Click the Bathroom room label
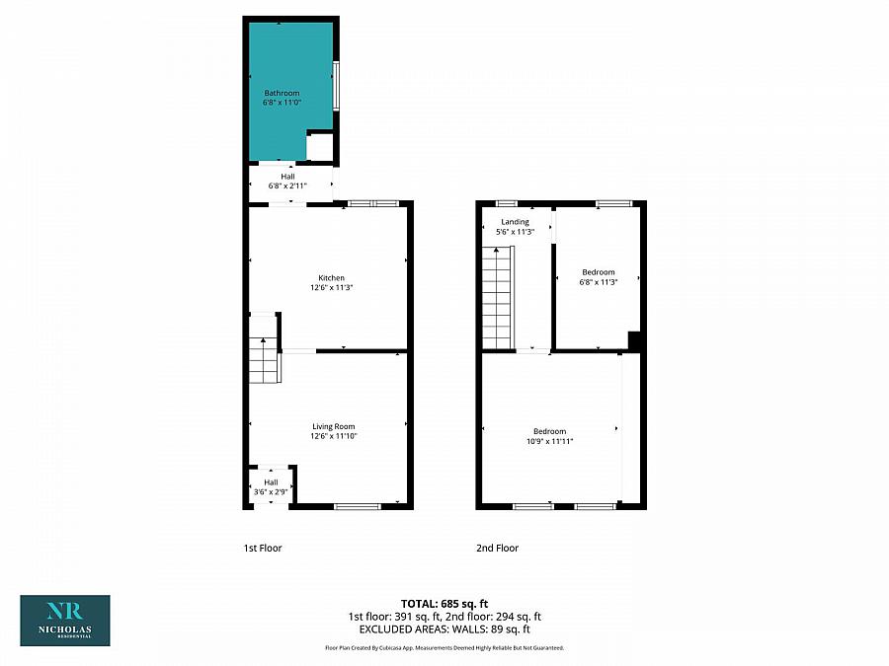point(282,93)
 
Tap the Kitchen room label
point(331,277)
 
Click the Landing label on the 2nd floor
point(515,222)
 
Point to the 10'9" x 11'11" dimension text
point(550,441)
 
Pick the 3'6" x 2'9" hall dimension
point(271,490)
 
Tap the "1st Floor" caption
point(263,548)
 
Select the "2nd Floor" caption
point(497,548)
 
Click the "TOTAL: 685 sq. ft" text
point(444,603)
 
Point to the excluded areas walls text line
point(444,629)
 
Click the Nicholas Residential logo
point(65,620)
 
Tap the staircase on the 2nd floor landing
point(497,298)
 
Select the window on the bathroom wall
point(336,87)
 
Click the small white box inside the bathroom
point(319,147)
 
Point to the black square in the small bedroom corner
point(636,340)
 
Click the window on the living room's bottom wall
point(357,506)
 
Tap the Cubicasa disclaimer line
point(444,647)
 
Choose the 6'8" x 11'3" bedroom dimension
point(598,282)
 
